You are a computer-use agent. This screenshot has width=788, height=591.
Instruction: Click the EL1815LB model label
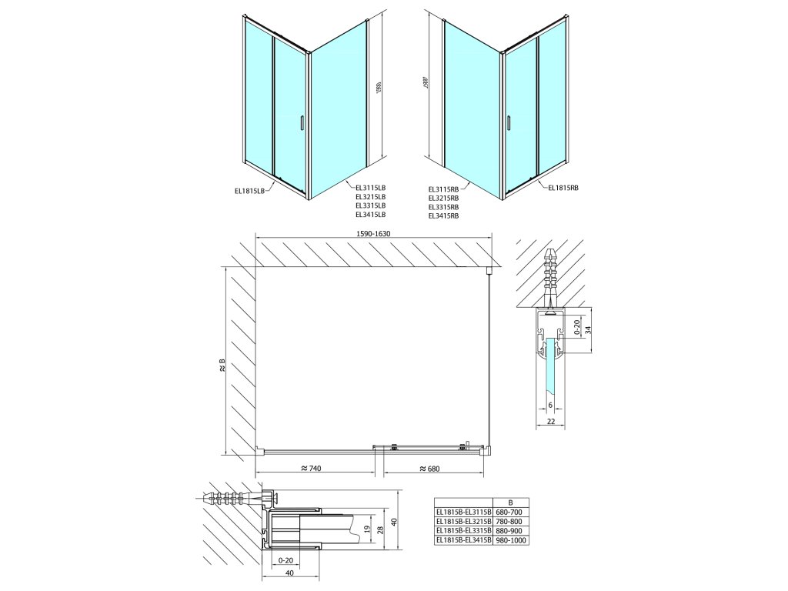(x=251, y=190)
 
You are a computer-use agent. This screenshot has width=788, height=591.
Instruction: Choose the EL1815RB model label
(x=563, y=187)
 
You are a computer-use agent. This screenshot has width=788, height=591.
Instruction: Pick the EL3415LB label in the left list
(x=370, y=215)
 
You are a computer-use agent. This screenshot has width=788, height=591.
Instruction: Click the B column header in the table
(x=500, y=501)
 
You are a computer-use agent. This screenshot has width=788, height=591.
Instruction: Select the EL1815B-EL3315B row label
(x=459, y=530)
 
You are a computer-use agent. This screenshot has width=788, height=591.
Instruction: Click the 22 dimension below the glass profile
(x=550, y=422)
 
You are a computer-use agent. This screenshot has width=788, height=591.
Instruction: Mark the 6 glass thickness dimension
(x=550, y=405)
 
